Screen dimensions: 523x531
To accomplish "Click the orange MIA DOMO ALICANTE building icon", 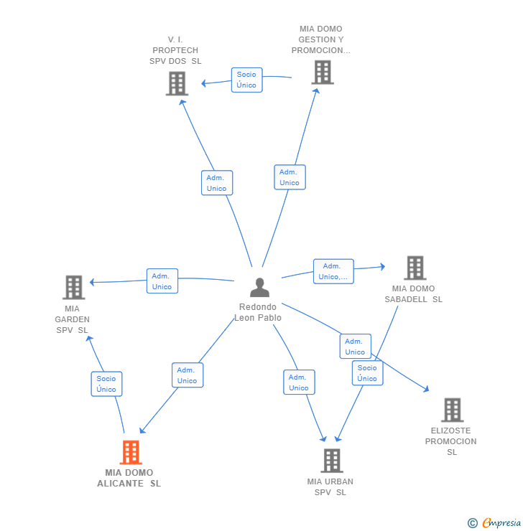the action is click(131, 452).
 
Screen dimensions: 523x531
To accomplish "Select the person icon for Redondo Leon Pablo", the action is click(259, 287).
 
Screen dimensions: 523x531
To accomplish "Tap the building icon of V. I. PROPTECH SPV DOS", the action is click(177, 83).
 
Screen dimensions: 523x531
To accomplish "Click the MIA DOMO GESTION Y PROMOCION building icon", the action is click(323, 72).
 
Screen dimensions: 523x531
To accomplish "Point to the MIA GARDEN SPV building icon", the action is click(74, 287).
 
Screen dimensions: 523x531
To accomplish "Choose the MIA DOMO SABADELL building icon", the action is click(415, 268).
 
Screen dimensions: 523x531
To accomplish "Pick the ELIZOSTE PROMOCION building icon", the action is click(453, 410).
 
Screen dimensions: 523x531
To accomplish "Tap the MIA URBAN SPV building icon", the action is click(332, 461).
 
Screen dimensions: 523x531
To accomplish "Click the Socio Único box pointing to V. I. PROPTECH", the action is click(246, 80).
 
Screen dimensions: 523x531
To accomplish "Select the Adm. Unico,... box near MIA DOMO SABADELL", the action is click(333, 271).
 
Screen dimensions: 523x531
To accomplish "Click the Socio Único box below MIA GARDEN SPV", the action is click(106, 384).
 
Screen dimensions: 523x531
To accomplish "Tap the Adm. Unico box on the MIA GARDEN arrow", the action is click(162, 281).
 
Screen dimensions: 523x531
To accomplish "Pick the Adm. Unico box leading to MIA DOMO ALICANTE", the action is click(188, 375).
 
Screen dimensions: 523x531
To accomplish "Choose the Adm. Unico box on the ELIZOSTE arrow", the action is click(355, 347).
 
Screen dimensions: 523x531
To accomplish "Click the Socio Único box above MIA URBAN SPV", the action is click(367, 373).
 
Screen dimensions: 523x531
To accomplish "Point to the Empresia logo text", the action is click(501, 522).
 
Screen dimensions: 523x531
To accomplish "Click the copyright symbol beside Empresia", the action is click(473, 523).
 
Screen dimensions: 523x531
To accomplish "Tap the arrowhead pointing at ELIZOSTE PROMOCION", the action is click(427, 390).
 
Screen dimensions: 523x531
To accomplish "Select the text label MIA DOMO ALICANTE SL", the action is click(129, 478).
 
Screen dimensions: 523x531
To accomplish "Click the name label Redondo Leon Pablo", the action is click(258, 312).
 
